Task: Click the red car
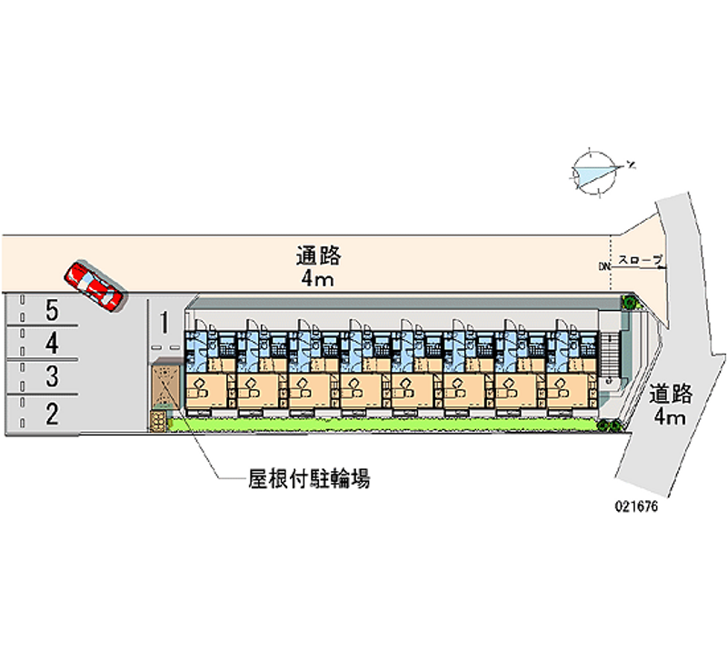[95, 286]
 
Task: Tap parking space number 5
[52, 311]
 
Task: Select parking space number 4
[52, 344]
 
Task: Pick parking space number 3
[52, 376]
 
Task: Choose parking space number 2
[52, 415]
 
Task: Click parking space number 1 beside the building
[164, 323]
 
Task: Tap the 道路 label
[672, 394]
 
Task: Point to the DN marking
[603, 266]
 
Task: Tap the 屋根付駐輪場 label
[309, 480]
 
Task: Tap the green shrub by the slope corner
[628, 302]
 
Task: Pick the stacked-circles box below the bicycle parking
[160, 420]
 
